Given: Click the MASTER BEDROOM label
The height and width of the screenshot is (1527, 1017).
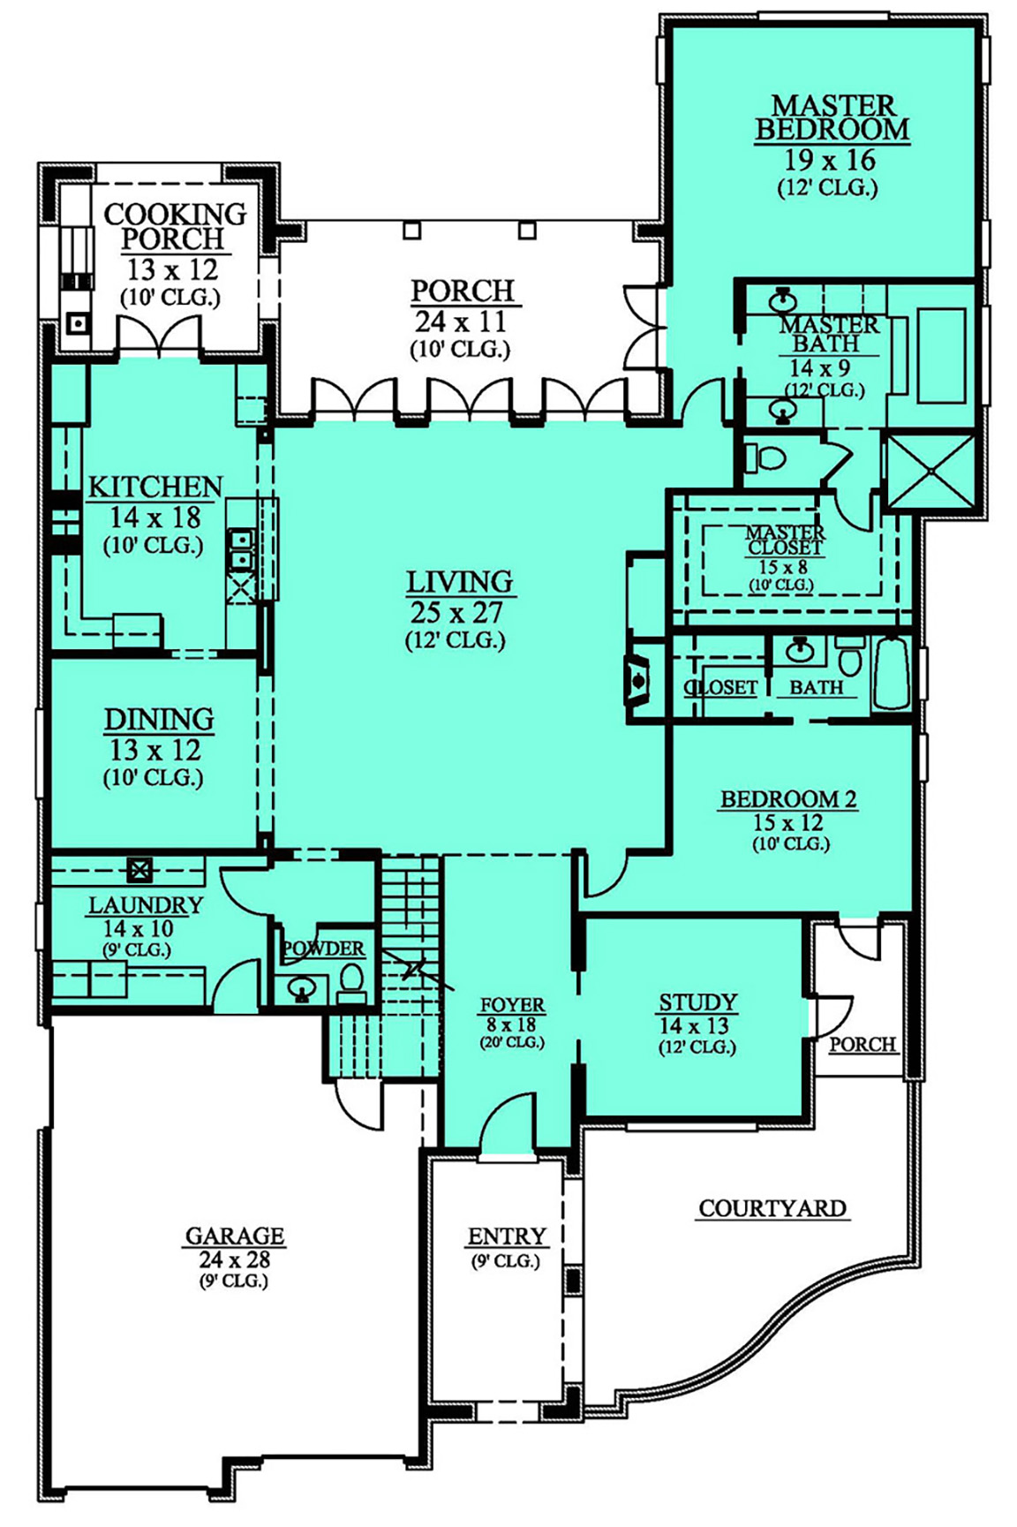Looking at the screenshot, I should tap(831, 118).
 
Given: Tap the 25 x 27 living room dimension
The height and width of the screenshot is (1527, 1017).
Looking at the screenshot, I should tap(459, 612).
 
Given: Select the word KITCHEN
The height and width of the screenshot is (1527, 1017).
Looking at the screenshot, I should tap(155, 488).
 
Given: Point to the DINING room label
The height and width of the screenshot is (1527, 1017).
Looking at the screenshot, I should tap(159, 720).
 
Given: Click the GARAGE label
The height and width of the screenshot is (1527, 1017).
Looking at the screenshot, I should tap(235, 1236).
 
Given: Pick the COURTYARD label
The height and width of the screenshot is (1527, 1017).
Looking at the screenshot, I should tap(772, 1208).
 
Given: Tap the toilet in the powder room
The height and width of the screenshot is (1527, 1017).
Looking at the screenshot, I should tap(351, 981).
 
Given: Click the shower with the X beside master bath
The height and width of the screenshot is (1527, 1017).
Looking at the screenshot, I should tap(930, 472).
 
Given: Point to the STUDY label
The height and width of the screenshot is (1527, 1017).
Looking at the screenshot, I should tap(697, 1002).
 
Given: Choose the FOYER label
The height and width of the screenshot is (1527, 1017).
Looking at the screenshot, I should tap(512, 1005).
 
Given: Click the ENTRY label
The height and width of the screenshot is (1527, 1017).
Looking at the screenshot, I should tap(507, 1236).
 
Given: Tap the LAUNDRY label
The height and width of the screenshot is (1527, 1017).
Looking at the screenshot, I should tap(146, 905).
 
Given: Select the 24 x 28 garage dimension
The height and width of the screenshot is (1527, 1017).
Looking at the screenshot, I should tap(235, 1260).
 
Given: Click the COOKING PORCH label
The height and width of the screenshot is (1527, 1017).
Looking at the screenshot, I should tap(175, 226).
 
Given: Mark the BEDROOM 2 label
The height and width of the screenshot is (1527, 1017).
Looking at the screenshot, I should tap(788, 799).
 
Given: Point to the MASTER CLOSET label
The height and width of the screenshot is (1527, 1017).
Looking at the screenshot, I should tap(785, 540).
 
